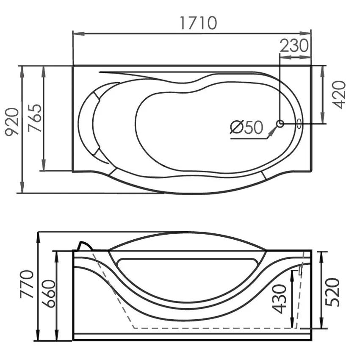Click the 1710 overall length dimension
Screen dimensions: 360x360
click(198, 23)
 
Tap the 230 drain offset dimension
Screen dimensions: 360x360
click(294, 45)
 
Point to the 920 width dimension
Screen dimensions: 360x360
click(12, 122)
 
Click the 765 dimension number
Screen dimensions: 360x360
click(35, 118)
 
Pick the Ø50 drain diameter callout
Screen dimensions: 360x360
click(246, 127)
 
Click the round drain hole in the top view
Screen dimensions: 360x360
click(280, 124)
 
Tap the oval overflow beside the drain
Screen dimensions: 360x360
click(299, 124)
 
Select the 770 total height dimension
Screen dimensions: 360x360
click(27, 284)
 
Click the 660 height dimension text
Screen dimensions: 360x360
click(49, 294)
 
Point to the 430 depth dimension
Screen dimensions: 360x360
click(279, 299)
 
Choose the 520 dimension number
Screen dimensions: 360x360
click(332, 292)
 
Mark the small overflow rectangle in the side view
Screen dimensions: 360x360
click(300, 271)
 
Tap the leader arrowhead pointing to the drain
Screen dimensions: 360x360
click(273, 131)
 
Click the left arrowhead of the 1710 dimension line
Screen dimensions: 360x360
click(78, 34)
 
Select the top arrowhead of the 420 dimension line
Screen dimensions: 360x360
click(323, 72)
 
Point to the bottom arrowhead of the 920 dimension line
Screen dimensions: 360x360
click(22, 187)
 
